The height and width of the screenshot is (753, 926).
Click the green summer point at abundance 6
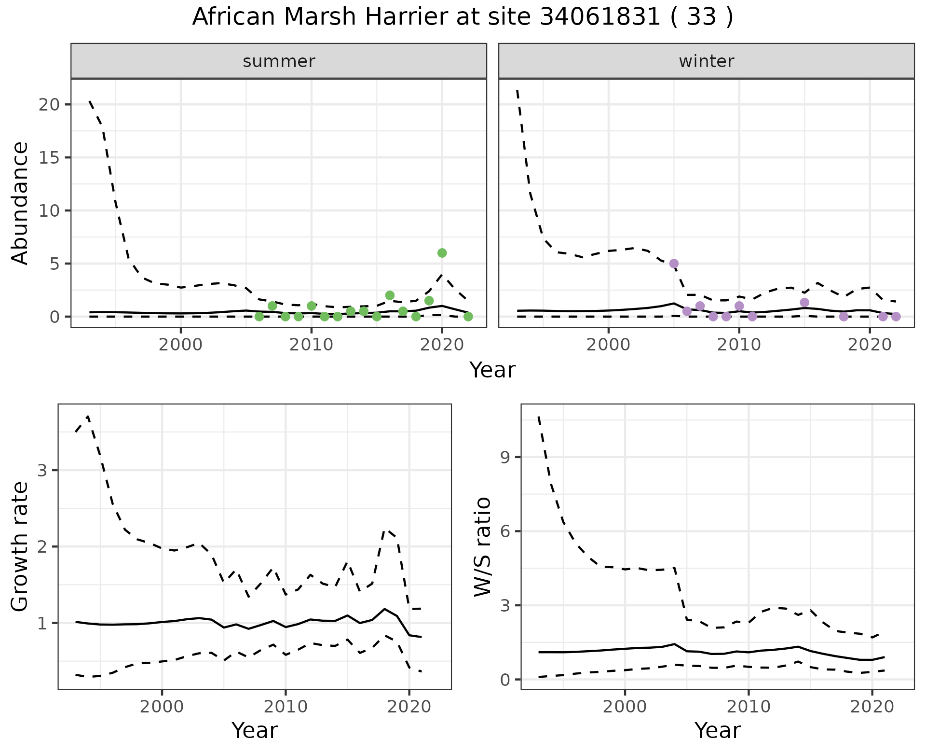(442, 253)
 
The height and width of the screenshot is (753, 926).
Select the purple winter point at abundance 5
(674, 264)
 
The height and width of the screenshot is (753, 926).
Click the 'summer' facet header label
(279, 61)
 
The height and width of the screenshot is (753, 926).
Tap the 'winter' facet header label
(706, 61)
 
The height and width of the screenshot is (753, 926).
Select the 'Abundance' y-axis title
(20, 203)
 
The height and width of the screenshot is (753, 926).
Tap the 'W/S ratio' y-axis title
(483, 546)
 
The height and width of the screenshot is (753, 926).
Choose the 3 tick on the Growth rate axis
(42, 471)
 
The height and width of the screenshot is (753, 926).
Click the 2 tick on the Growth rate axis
(42, 547)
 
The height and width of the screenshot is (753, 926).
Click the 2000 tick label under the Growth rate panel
(162, 707)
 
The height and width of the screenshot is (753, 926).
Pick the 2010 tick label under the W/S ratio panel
(748, 707)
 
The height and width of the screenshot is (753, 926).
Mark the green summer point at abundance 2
(390, 295)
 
